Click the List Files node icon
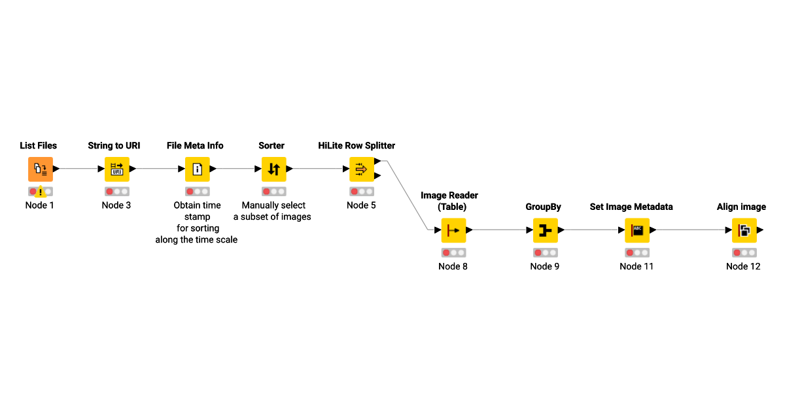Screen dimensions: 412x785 click(x=41, y=169)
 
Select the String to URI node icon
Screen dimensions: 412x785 click(x=117, y=169)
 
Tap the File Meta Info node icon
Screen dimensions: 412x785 click(x=197, y=169)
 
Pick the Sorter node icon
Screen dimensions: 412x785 click(x=274, y=169)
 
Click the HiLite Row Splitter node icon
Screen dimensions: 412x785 click(x=362, y=169)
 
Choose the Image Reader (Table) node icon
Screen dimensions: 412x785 click(x=453, y=230)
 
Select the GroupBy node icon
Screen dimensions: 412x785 click(x=545, y=230)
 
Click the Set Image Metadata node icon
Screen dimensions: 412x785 click(x=637, y=230)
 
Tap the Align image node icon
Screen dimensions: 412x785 click(x=744, y=230)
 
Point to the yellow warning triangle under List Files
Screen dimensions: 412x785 click(x=41, y=192)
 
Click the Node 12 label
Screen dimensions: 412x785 click(x=743, y=266)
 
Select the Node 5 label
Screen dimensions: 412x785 click(x=361, y=205)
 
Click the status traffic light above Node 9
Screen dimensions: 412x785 click(x=545, y=252)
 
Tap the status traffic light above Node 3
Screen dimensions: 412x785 click(x=117, y=192)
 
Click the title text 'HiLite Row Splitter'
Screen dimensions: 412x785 click(x=357, y=145)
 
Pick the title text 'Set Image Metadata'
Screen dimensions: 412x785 click(x=631, y=207)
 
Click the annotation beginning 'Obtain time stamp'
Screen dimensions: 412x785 click(x=196, y=222)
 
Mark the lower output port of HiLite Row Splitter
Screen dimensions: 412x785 click(x=377, y=175)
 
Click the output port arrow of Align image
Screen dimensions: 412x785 click(x=760, y=230)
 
